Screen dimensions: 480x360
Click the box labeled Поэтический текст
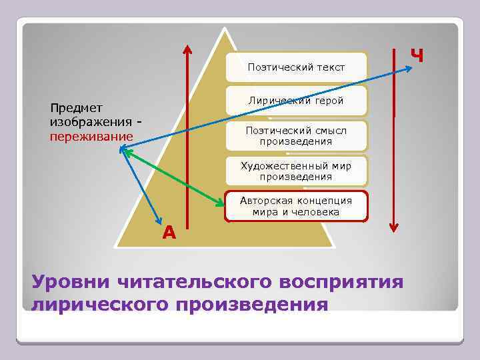(296, 67)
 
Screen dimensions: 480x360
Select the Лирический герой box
(296, 101)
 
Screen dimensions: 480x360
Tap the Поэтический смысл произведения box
(296, 136)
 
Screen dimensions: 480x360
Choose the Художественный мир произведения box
(296, 171)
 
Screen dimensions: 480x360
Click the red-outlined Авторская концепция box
(296, 206)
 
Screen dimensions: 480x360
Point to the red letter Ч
(417, 55)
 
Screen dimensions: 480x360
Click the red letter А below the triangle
(169, 232)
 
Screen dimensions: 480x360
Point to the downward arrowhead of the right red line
(394, 227)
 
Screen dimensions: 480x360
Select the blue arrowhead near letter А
(159, 222)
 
